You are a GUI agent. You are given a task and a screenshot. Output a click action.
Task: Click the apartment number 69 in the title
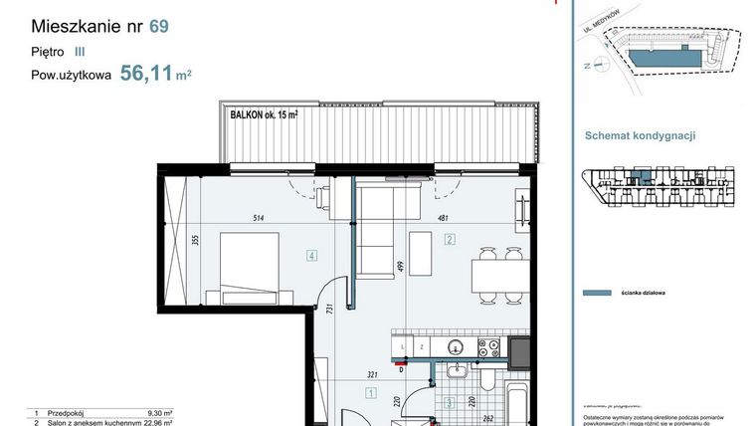158,27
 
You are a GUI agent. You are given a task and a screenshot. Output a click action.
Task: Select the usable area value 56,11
145,72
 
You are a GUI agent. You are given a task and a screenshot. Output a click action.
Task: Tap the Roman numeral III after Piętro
80,49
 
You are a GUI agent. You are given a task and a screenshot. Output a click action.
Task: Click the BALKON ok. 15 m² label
264,114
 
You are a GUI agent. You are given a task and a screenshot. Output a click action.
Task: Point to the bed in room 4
254,269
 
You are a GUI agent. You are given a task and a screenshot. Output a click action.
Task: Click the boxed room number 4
312,256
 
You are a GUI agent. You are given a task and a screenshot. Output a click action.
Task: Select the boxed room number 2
450,239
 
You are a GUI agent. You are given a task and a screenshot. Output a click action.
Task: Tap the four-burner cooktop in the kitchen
488,347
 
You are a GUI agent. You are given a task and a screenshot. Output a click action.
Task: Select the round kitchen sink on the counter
455,347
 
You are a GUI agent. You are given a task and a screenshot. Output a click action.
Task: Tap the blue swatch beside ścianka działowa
595,294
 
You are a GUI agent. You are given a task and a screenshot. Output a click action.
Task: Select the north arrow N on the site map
588,65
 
